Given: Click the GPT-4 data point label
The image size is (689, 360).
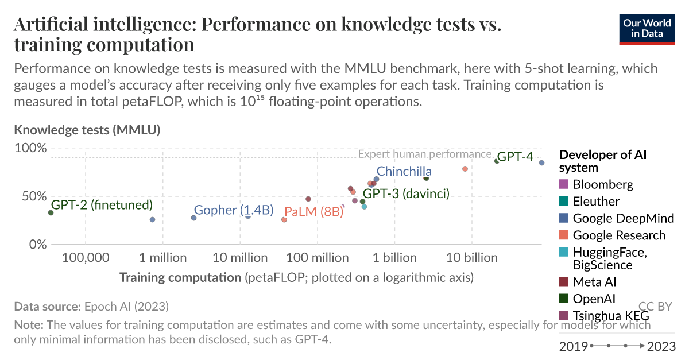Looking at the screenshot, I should pos(515,156).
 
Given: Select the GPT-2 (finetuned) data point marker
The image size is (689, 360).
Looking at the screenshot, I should pos(51,212).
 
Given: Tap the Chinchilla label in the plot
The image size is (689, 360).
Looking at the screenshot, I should pos(404,171).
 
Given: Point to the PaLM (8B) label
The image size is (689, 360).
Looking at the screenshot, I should pos(313,211).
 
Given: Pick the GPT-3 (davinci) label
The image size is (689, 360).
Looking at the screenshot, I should pos(406,193).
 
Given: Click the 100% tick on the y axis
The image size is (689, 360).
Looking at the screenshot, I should pos(30,148).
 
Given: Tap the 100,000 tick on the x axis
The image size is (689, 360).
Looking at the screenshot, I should pos(86,257).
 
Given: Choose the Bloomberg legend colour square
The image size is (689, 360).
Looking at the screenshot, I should pos(563,184).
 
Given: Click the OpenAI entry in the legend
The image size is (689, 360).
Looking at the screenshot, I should pos(594,299).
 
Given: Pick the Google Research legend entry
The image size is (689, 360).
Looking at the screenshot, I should pos(619,235).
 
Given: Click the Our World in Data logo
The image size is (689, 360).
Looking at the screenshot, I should pos(647,28).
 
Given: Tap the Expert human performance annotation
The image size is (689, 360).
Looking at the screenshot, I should pos(424,154).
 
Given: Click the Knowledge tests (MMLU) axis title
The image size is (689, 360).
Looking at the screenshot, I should pos(87,130).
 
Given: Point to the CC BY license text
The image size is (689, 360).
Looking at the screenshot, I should pos(655,307).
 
